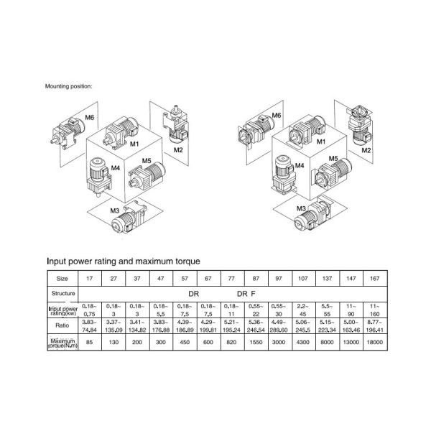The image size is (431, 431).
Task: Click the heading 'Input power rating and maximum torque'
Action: coord(123,261)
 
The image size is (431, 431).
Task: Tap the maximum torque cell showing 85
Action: coord(90,343)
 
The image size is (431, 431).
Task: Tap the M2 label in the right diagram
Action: coord(366,150)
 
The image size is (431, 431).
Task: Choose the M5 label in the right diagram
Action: coord(333,158)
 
